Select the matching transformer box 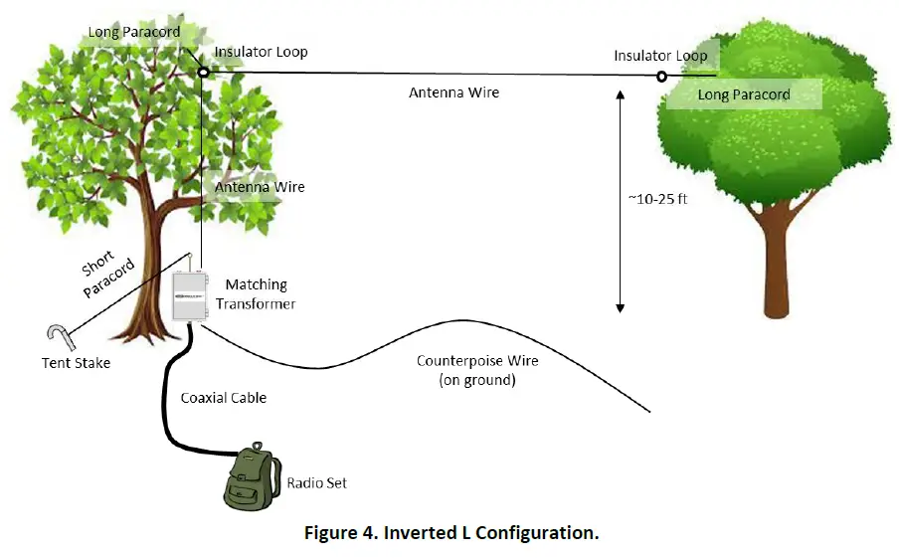[x=188, y=295]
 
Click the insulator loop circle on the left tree [x=203, y=72]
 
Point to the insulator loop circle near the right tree [x=661, y=76]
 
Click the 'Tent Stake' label [x=77, y=363]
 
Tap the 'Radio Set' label [x=317, y=483]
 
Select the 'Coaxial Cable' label [x=224, y=398]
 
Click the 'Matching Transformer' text [x=260, y=294]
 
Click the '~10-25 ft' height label [x=658, y=198]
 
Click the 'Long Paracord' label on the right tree [x=744, y=94]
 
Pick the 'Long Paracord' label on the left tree [x=134, y=32]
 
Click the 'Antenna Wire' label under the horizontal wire [x=453, y=93]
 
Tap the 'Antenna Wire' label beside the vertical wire [x=261, y=187]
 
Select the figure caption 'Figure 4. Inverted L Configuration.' [x=451, y=532]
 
